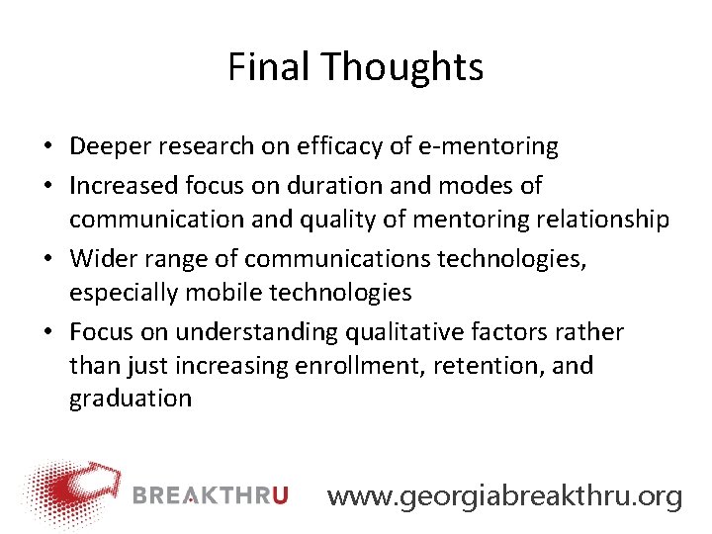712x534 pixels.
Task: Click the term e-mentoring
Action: (x=502, y=147)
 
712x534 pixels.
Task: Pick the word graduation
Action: (x=130, y=400)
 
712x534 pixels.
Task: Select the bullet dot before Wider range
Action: (x=47, y=259)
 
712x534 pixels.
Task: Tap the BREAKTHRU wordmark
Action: (x=211, y=493)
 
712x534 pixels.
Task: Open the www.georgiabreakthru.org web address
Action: (x=504, y=495)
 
